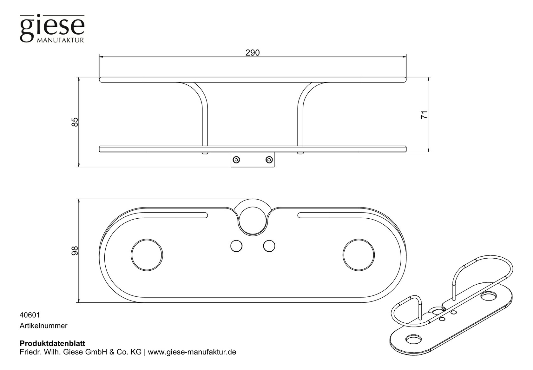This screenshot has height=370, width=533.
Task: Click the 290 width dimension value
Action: [253, 53]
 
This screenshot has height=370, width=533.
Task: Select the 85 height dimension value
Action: [75, 122]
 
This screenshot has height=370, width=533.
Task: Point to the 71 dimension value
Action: [424, 115]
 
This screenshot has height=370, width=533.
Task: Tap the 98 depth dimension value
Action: [75, 251]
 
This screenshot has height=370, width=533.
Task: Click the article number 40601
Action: [30, 315]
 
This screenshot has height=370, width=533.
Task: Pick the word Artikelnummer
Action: [43, 326]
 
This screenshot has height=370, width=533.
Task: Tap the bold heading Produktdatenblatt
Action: [52, 343]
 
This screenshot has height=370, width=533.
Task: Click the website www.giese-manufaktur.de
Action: [192, 352]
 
